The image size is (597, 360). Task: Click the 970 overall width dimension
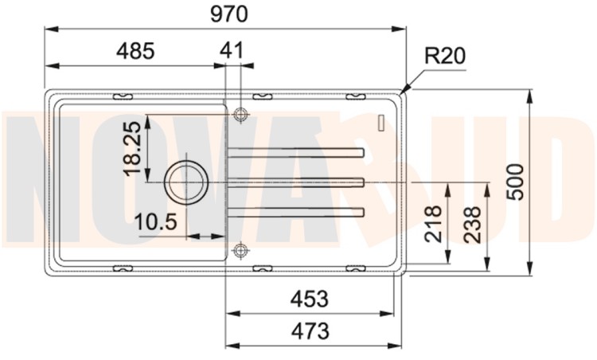pyautogui.click(x=228, y=14)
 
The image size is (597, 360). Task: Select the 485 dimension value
pyautogui.click(x=135, y=51)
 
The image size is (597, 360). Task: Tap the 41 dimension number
pyautogui.click(x=232, y=50)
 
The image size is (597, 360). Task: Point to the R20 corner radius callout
pyautogui.click(x=445, y=56)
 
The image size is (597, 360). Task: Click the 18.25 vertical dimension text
pyautogui.click(x=133, y=148)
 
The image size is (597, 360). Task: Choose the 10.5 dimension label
pyautogui.click(x=156, y=221)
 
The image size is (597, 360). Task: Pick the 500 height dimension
pyautogui.click(x=516, y=182)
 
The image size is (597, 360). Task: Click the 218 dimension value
pyautogui.click(x=433, y=225)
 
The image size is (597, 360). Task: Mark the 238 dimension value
pyautogui.click(x=473, y=225)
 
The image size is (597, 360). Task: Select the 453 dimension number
pyautogui.click(x=309, y=299)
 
